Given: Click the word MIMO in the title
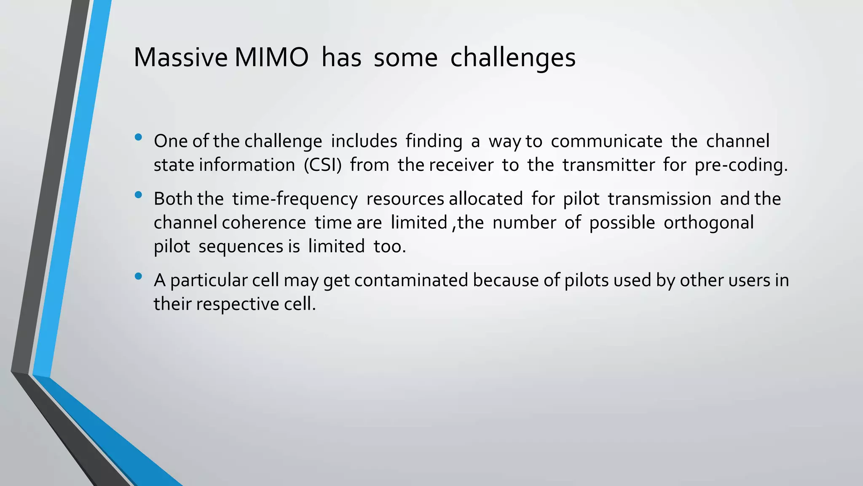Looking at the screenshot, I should pos(271,57).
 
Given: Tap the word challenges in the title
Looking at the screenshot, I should pos(512,57).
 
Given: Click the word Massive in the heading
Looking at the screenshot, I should pos(180,57).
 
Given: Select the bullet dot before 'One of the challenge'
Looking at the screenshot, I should pos(138,137).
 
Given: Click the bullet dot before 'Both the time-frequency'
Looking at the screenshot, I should pos(138,195).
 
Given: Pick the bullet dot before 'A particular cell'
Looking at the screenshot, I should pos(138,277).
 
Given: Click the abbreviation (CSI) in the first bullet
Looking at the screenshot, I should pos(322,165).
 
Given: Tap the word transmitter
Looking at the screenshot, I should pos(608,165).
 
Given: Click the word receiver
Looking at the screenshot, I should pos(461,165).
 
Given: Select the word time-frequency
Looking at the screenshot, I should pos(295,199).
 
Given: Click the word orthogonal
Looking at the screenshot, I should pos(708,223).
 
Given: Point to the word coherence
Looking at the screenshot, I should pos(264,223).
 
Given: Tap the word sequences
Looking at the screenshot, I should pos(241,246).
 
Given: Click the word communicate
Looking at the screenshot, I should pos(606,141).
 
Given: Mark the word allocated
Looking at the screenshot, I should pos(485,199).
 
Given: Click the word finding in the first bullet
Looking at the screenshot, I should pos(434,141).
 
